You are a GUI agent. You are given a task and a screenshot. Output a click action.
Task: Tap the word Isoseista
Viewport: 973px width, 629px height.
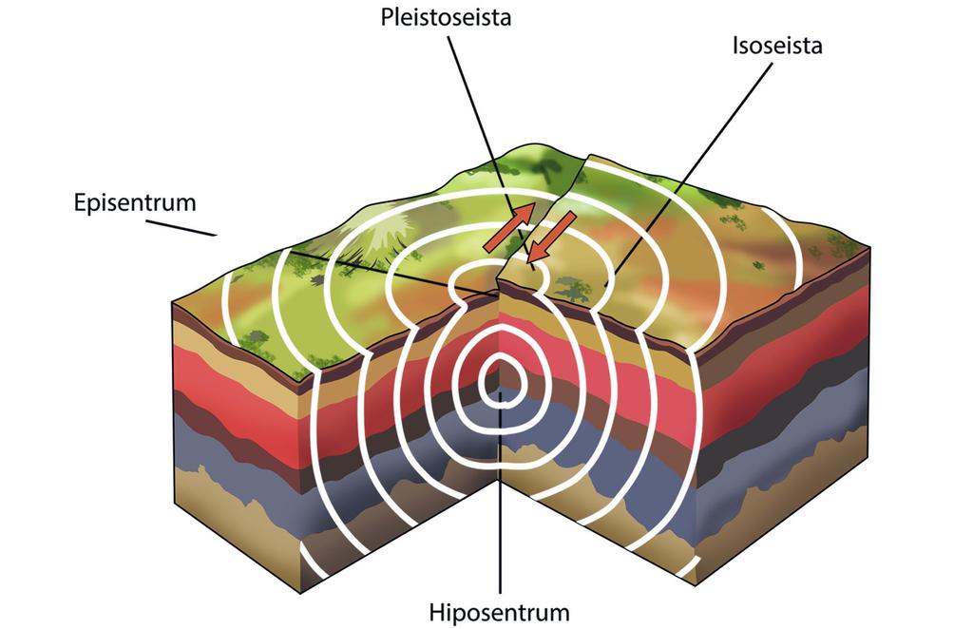pyautogui.click(x=776, y=46)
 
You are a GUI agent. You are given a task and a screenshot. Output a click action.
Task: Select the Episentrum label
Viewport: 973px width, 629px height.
pyautogui.click(x=134, y=202)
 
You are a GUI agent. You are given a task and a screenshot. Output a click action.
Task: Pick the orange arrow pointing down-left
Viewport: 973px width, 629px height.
pyautogui.click(x=552, y=238)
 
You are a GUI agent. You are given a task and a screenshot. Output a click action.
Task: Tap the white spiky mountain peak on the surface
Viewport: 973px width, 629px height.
pyautogui.click(x=391, y=233)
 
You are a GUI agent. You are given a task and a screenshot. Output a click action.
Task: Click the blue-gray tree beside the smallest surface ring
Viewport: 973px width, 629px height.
pyautogui.click(x=572, y=286)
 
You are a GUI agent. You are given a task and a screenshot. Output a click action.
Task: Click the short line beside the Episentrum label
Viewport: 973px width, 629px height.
pyautogui.click(x=181, y=228)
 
